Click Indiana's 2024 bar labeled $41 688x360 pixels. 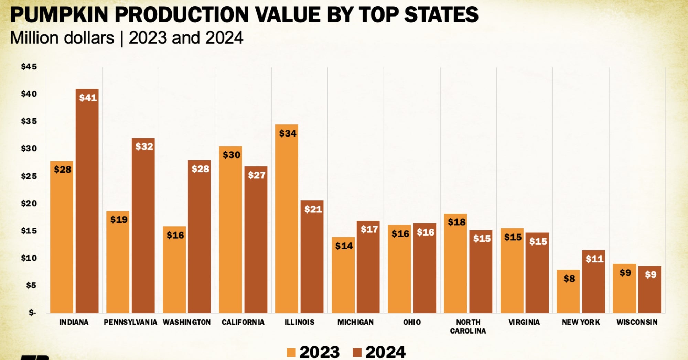click(x=87, y=201)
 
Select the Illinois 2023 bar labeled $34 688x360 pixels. click(x=287, y=219)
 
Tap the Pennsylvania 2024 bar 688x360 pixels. click(x=143, y=225)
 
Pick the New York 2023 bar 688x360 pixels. click(x=568, y=291)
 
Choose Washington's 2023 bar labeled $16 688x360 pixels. click(x=174, y=270)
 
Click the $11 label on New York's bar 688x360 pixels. click(x=594, y=259)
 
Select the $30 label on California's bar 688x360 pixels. click(x=232, y=155)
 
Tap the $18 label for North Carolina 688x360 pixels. click(x=456, y=222)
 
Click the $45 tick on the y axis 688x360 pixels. click(x=29, y=67)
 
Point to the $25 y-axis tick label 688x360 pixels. click(x=29, y=176)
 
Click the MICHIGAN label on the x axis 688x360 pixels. click(x=355, y=322)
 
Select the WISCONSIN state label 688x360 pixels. click(x=637, y=322)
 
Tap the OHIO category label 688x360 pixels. click(x=412, y=322)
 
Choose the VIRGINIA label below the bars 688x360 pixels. click(x=524, y=322)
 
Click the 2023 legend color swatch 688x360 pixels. click(x=291, y=352)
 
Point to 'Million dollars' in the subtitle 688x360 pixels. click(x=62, y=38)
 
